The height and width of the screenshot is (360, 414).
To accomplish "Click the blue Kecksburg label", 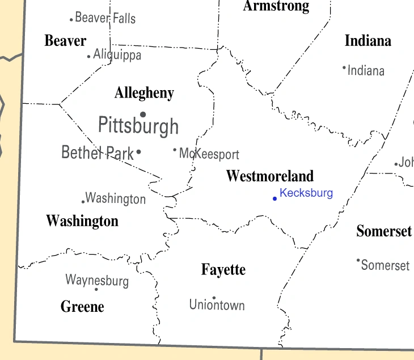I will pyautogui.click(x=306, y=193).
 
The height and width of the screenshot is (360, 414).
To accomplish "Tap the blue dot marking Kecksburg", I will pyautogui.click(x=274, y=198).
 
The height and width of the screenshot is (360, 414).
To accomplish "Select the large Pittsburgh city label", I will pyautogui.click(x=138, y=125).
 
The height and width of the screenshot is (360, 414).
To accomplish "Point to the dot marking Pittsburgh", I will pyautogui.click(x=143, y=114).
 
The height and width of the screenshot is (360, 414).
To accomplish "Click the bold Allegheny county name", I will pyautogui.click(x=144, y=93).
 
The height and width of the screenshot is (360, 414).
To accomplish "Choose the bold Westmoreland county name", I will pyautogui.click(x=269, y=176).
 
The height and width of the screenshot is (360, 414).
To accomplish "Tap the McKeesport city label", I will pyautogui.click(x=209, y=154).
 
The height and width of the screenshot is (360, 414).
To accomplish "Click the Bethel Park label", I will pyautogui.click(x=98, y=152).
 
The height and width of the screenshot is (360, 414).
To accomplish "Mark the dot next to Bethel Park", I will pyautogui.click(x=139, y=151).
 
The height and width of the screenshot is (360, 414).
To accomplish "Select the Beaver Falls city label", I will pyautogui.click(x=105, y=18).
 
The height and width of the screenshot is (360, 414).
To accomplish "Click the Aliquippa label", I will pyautogui.click(x=117, y=55).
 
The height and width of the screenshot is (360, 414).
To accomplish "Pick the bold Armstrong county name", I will pyautogui.click(x=276, y=6).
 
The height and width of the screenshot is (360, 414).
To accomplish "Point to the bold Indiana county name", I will pyautogui.click(x=368, y=41).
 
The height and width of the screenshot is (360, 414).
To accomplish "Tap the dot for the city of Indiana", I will pyautogui.click(x=344, y=67).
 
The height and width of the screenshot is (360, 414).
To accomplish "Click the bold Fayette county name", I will pyautogui.click(x=223, y=270).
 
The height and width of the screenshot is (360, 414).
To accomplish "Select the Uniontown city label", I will pyautogui.click(x=217, y=305).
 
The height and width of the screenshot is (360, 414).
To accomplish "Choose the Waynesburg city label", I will pyautogui.click(x=97, y=280).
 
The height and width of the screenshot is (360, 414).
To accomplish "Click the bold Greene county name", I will pyautogui.click(x=82, y=307).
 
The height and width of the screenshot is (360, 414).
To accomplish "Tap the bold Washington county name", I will pyautogui.click(x=82, y=221).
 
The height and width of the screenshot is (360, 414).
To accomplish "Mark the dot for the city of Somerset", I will pyautogui.click(x=358, y=260).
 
